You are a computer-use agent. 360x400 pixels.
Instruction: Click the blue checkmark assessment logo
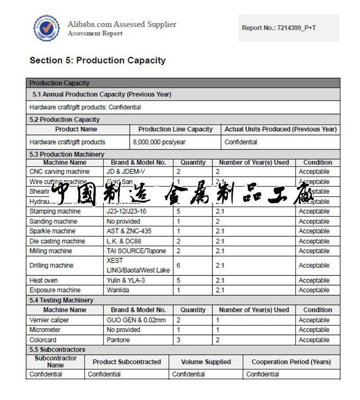coord(46,28)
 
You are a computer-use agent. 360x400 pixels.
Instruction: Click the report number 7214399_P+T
coord(279,28)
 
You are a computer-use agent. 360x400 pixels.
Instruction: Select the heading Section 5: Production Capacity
coord(98,60)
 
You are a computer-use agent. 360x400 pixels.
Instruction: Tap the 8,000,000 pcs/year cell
coord(159,142)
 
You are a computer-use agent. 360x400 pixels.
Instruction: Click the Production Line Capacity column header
coord(175,130)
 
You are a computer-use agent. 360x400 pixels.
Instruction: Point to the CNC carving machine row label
coord(59,172)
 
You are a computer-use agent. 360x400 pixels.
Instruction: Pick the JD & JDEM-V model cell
coord(126,172)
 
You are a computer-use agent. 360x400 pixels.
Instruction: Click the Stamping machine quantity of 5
coord(179,211)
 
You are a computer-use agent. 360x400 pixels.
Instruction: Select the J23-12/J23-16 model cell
coord(126,211)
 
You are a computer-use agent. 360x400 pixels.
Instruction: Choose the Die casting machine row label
coord(57,241)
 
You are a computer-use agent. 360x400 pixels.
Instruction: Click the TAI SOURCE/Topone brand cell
coord(136,251)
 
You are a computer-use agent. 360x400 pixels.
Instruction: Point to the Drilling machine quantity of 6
coord(179,266)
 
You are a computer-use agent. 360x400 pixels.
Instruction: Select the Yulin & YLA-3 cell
coord(126,280)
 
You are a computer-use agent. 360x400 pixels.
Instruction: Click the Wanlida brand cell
coord(118,290)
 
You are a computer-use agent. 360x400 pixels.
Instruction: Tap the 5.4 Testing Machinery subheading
coord(62,300)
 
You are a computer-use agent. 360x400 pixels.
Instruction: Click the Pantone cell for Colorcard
coord(118,340)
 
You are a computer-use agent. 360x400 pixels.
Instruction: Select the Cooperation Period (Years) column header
coord(291,362)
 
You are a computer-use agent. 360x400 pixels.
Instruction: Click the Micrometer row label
coord(45,330)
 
